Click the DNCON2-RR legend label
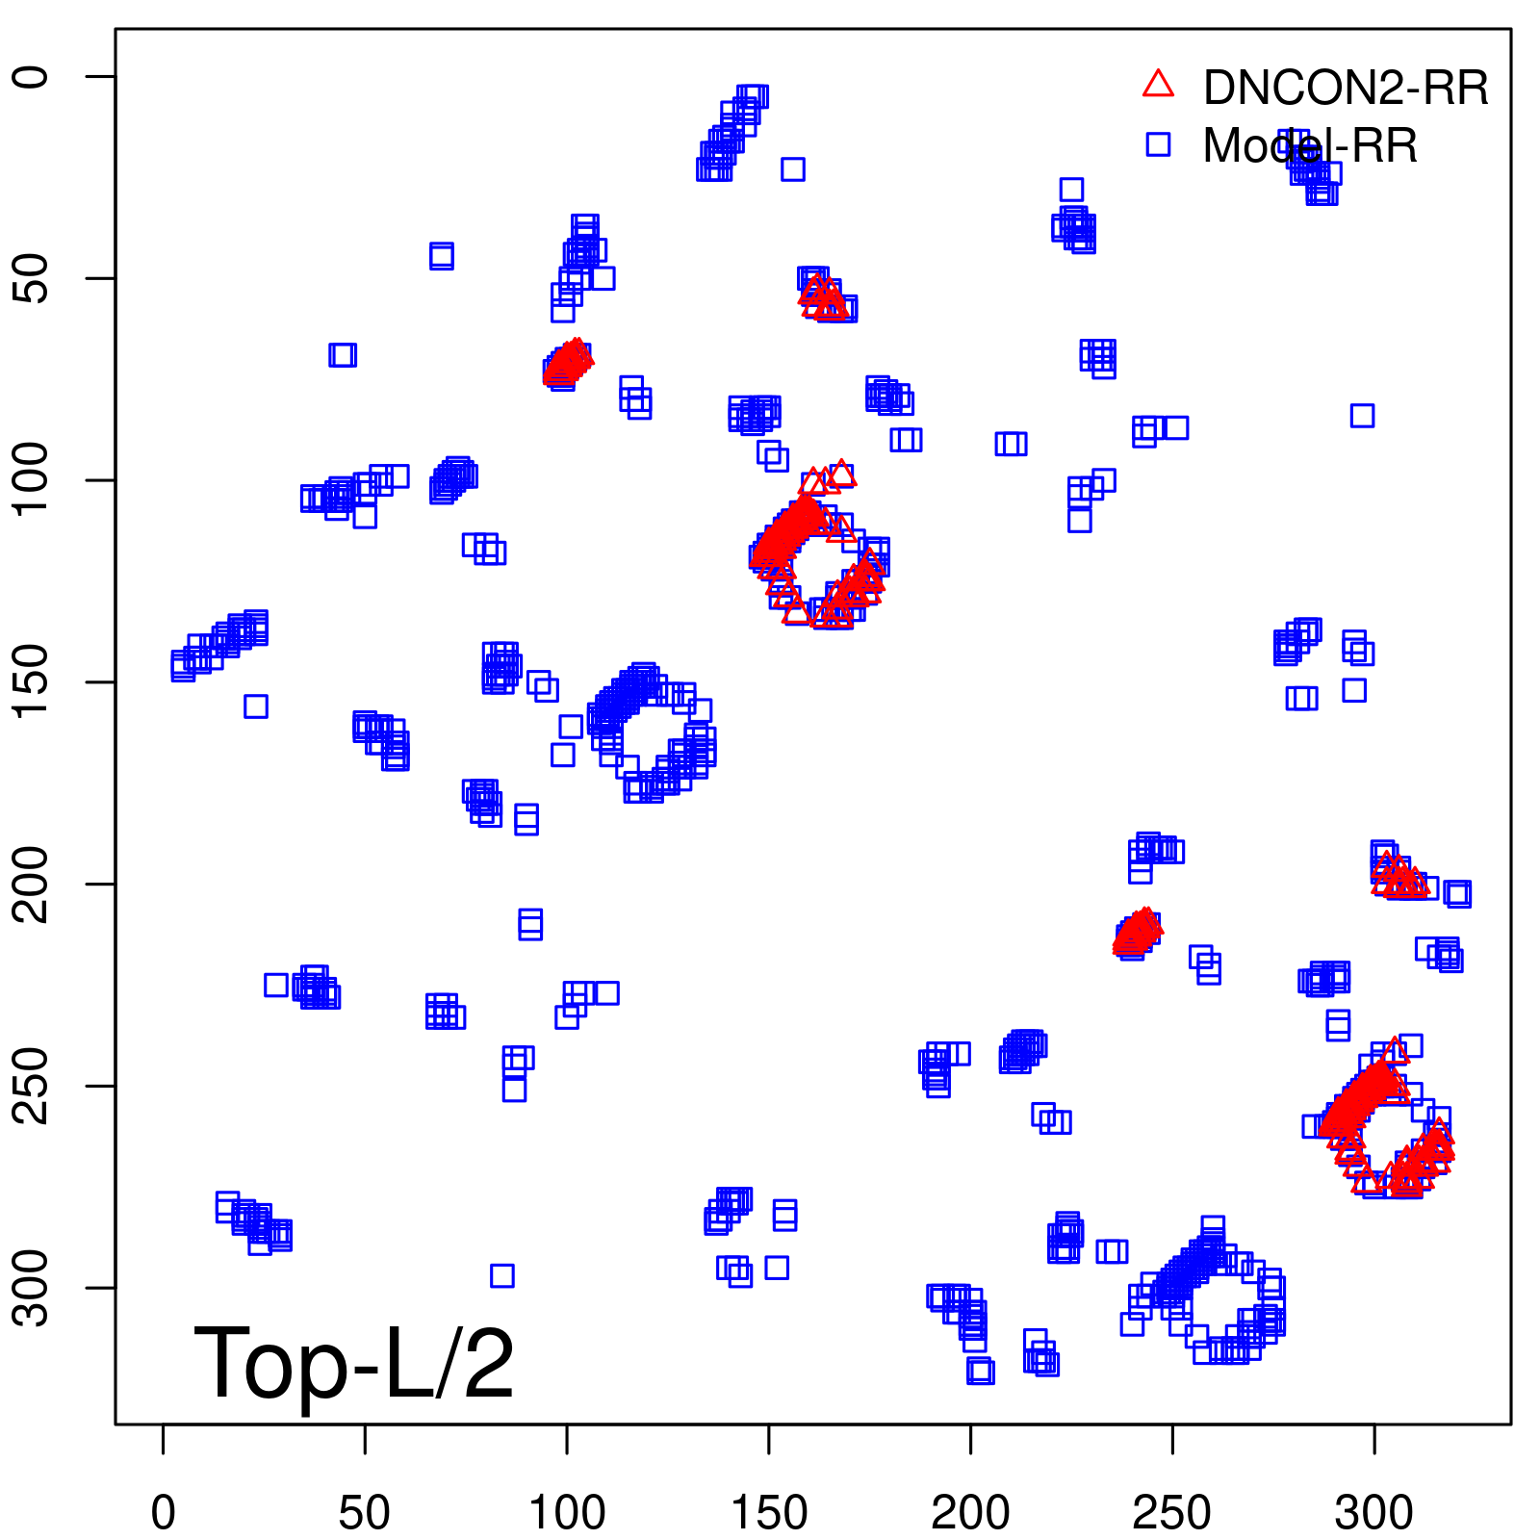(x=1345, y=89)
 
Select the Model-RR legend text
(x=1310, y=146)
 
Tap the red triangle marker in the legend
(x=1158, y=85)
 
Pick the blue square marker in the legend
(x=1158, y=144)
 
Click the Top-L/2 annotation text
(x=354, y=1363)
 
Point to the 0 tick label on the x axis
(x=164, y=1513)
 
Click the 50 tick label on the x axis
(x=365, y=1513)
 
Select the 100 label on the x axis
(x=567, y=1513)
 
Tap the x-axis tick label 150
(x=769, y=1513)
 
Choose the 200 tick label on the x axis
(x=970, y=1513)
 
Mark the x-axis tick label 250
(x=1172, y=1513)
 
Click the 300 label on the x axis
(x=1374, y=1513)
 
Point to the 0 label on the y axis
(x=33, y=77)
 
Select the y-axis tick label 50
(x=33, y=278)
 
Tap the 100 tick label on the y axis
(x=33, y=480)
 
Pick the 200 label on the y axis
(x=33, y=884)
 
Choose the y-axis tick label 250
(x=33, y=1086)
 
